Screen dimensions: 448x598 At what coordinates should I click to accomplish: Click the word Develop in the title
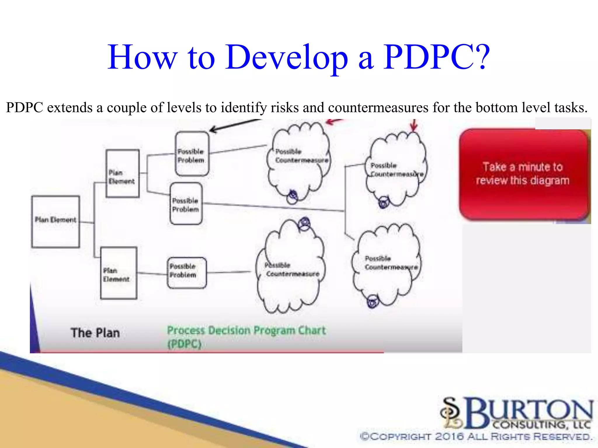[x=286, y=57]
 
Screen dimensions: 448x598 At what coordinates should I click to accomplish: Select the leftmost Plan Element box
[x=55, y=222]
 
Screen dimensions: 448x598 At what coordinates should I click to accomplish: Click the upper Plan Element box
[x=122, y=174]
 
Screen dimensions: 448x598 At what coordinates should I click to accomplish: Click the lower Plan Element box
[x=119, y=273]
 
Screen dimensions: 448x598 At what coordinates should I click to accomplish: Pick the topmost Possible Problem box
[x=192, y=154]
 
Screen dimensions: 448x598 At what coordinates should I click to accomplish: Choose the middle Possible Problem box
[x=186, y=204]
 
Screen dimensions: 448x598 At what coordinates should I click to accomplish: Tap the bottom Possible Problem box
[x=187, y=273]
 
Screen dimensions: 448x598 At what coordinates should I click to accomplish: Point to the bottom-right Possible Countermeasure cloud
[x=387, y=264]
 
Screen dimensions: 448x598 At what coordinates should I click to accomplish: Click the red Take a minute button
[x=523, y=174]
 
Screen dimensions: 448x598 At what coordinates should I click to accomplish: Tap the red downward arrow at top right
[x=414, y=126]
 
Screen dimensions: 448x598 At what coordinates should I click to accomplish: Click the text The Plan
[x=95, y=333]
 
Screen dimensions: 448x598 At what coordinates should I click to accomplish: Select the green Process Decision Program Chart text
[x=246, y=331]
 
